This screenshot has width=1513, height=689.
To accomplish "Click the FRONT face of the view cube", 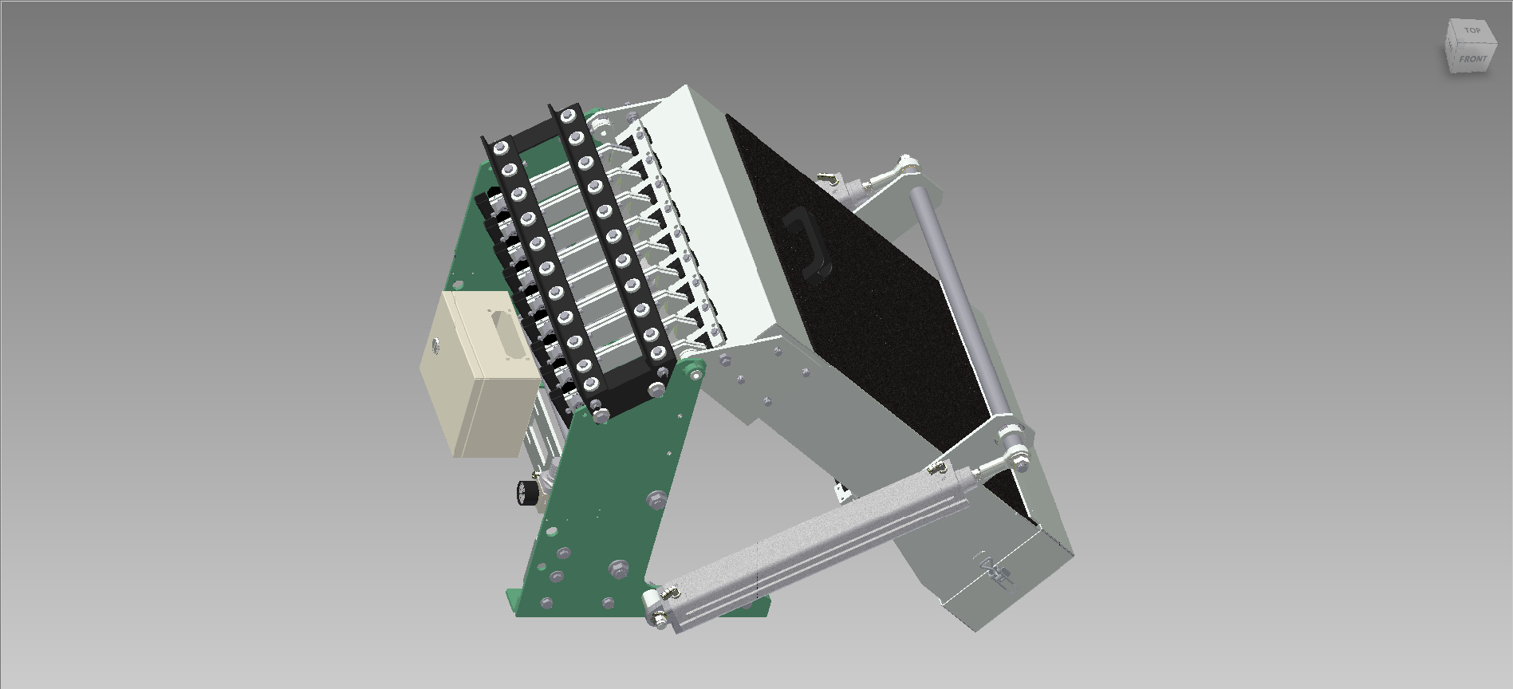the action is [1473, 59].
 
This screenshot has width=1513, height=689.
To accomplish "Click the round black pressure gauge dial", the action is [526, 492].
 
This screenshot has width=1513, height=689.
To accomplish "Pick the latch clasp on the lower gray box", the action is [994, 570].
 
